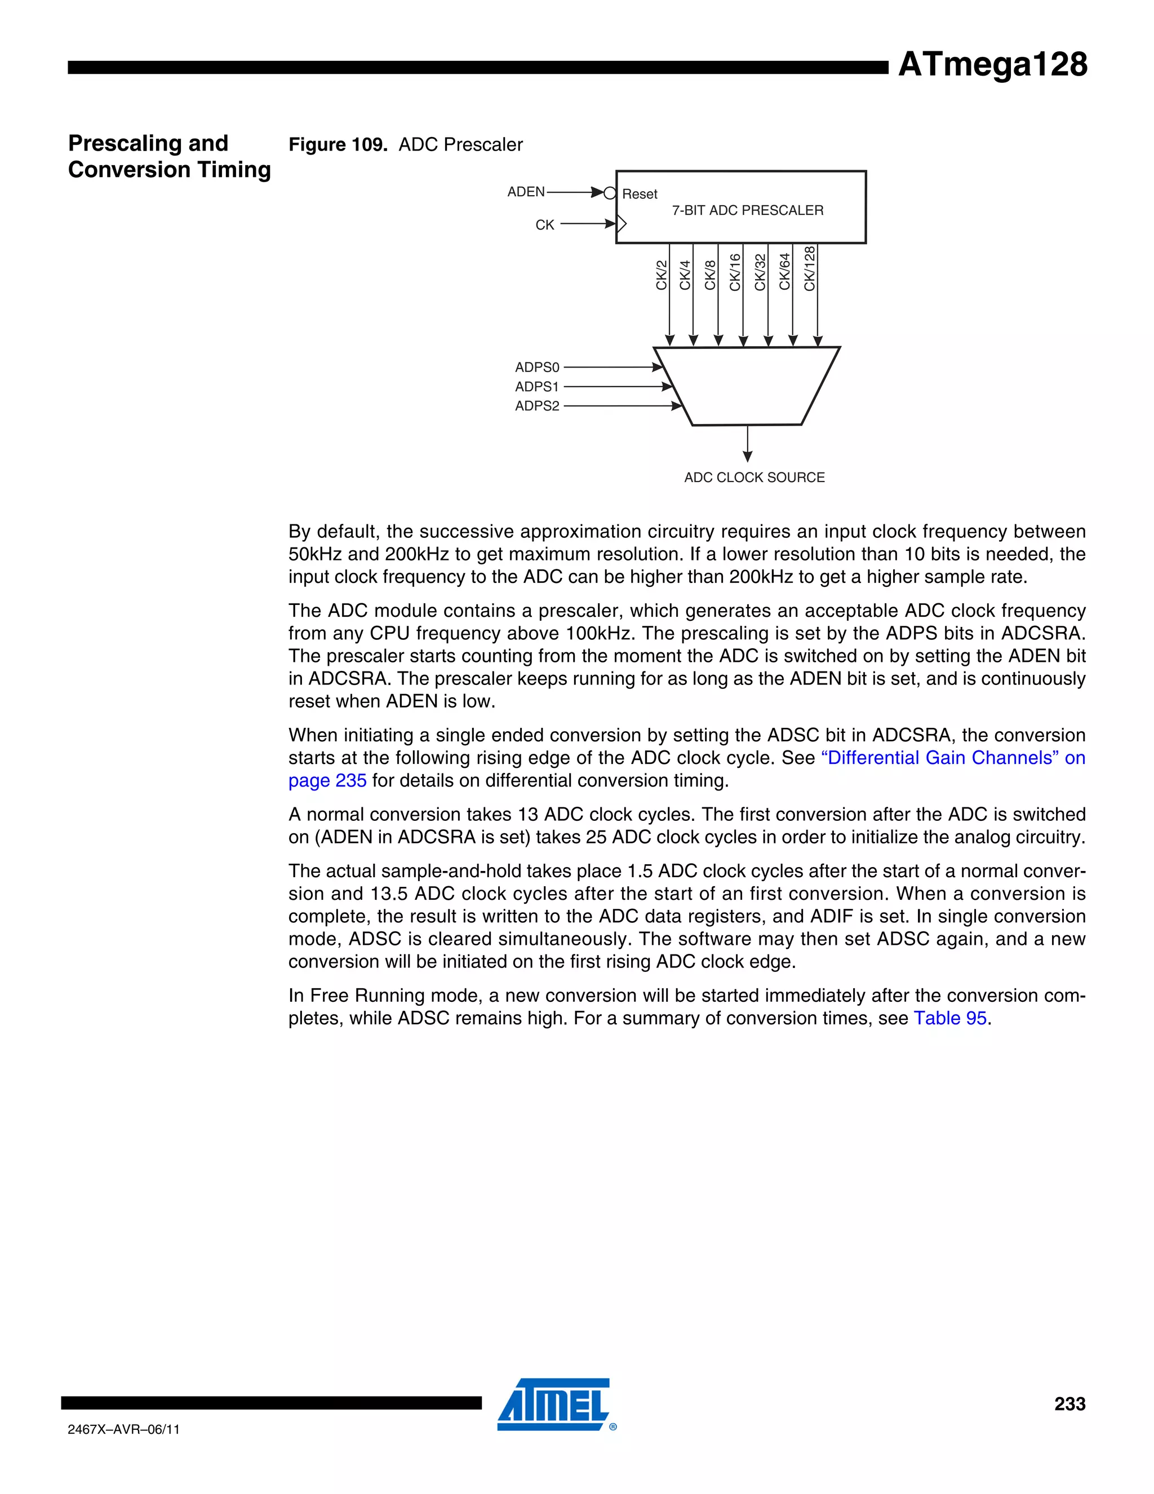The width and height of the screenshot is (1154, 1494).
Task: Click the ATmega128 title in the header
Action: click(x=992, y=64)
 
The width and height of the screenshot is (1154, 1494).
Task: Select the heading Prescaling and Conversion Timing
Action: click(x=169, y=156)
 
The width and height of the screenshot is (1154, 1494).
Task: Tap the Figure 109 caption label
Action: click(x=338, y=144)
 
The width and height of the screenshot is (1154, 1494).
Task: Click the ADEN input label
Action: click(x=526, y=192)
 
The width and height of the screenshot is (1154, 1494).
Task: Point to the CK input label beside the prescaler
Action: click(x=544, y=225)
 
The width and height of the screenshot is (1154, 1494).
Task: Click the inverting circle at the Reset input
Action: click(x=610, y=193)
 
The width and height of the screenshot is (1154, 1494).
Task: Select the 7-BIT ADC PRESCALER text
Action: click(x=747, y=211)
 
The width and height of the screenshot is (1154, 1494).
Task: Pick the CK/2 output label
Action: click(x=661, y=275)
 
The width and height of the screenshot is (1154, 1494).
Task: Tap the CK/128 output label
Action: click(x=810, y=269)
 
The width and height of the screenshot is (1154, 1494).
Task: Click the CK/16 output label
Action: click(x=735, y=272)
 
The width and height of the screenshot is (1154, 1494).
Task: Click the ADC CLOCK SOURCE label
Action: click(x=754, y=478)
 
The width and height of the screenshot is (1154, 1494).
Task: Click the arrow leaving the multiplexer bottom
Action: click(x=747, y=445)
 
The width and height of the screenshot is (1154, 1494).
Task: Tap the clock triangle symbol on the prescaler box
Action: click(x=622, y=223)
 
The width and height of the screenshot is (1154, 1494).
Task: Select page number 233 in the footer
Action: click(x=1069, y=1404)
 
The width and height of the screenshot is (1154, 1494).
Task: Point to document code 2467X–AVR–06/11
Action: click(x=124, y=1430)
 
